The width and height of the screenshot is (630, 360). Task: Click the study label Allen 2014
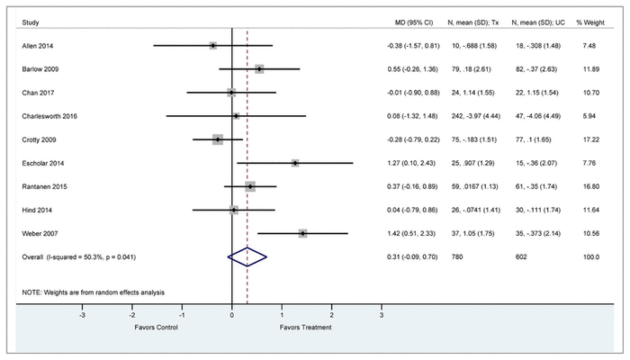[x=35, y=45]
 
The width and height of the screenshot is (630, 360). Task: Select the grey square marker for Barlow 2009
[x=259, y=68]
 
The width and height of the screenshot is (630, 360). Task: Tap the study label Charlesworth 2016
[x=47, y=116]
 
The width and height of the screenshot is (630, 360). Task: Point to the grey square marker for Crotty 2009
[x=218, y=139]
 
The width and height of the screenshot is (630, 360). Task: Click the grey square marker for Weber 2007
[x=303, y=233]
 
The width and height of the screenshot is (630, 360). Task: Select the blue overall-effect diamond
[x=247, y=257]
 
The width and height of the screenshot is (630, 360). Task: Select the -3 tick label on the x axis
[x=83, y=317]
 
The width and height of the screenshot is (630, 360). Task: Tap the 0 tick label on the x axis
[x=232, y=317]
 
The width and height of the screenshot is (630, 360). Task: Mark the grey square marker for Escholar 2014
[x=295, y=163]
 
